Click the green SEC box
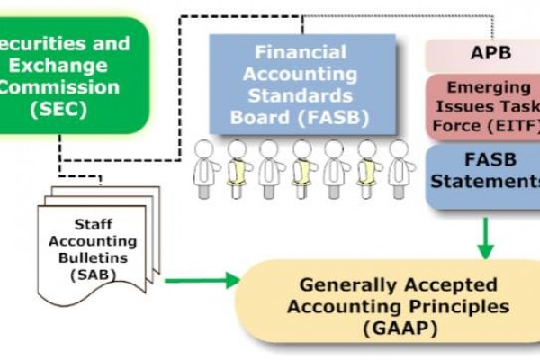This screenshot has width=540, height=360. (x=67, y=76)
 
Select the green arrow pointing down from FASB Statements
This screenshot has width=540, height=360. (x=486, y=238)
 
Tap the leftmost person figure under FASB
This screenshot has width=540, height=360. (x=206, y=168)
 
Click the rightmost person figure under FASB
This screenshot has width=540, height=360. (x=400, y=168)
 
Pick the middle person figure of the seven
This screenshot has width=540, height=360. (x=302, y=168)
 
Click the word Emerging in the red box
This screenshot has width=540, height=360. (x=487, y=88)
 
